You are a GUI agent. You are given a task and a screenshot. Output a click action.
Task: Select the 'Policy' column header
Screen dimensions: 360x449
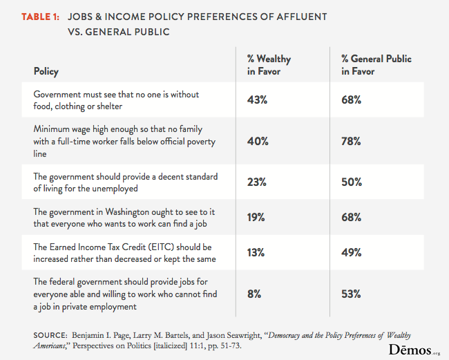(46, 71)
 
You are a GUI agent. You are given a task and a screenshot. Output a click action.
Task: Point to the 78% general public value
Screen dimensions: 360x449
(352, 142)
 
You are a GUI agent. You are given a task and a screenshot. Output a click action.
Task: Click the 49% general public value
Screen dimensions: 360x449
(352, 252)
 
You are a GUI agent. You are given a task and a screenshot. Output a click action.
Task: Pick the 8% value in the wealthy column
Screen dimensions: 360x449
(254, 294)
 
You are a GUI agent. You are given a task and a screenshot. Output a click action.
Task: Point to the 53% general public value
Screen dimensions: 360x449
(352, 294)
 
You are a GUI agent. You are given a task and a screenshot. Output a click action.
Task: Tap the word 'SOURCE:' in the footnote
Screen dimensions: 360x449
(50, 335)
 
